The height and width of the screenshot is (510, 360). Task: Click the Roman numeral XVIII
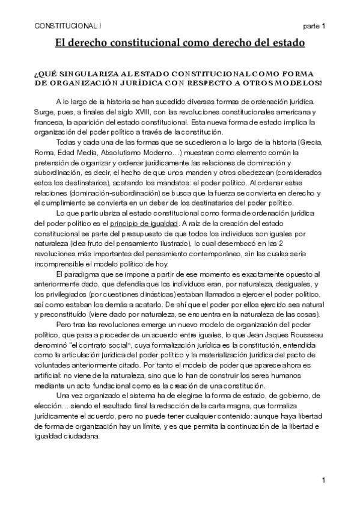(x=166, y=112)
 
